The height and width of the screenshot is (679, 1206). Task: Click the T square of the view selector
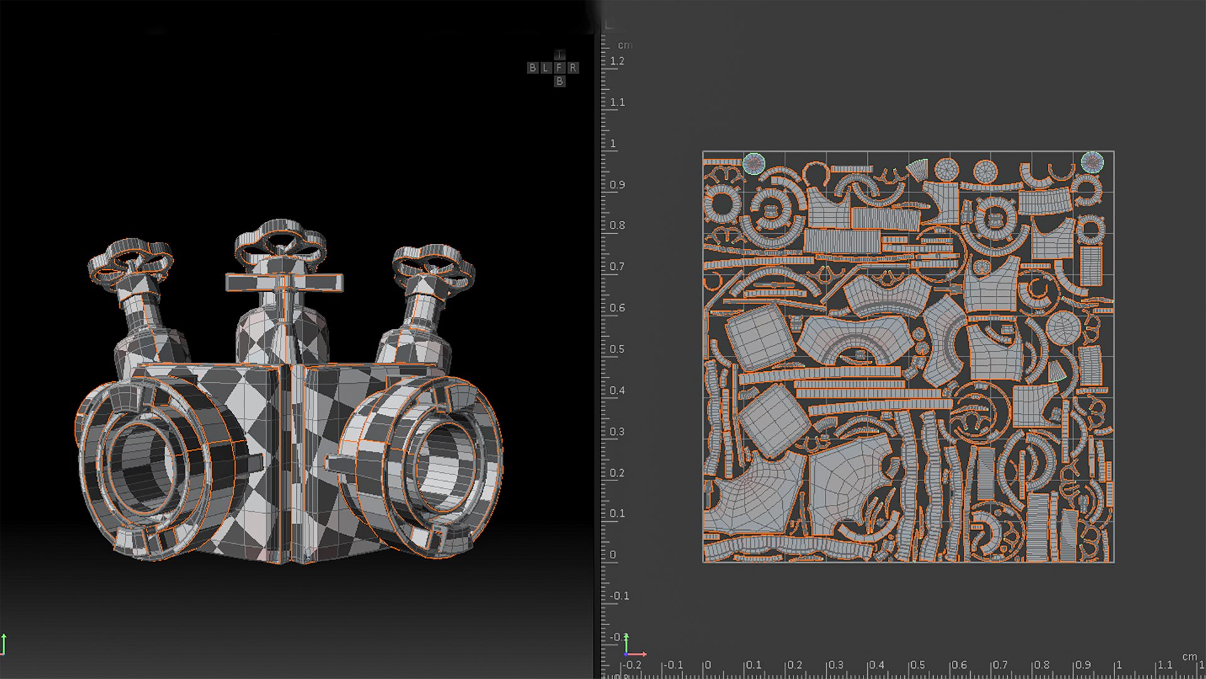coord(560,55)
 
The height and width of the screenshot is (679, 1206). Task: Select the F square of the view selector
coord(560,68)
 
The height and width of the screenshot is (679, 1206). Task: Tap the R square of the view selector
coord(573,68)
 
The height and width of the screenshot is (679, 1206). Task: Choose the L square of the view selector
coord(546,68)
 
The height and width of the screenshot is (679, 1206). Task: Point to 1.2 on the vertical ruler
coord(617,62)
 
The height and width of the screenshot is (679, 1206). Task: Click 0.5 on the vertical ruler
coord(617,350)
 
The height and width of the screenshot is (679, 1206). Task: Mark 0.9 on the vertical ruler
coord(617,185)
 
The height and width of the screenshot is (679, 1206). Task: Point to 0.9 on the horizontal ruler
coord(1083,665)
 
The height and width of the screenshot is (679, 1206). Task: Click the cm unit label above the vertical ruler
coord(625,45)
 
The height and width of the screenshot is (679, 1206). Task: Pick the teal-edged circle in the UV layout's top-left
coord(753,163)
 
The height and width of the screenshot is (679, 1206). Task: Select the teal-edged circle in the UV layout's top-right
coord(1092,162)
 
